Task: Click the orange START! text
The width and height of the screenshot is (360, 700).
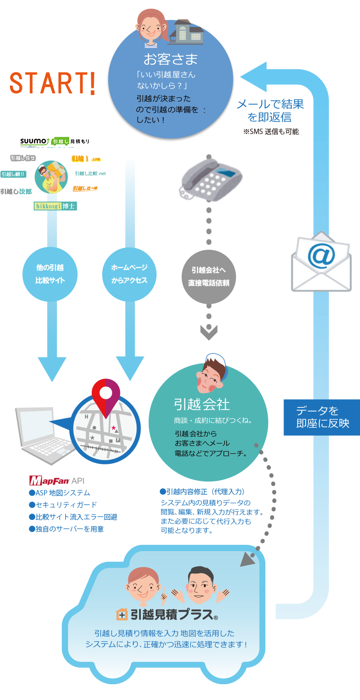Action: [53, 83]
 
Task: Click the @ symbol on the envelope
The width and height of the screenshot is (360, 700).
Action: [321, 256]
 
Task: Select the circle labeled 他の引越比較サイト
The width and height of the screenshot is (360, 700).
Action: [50, 274]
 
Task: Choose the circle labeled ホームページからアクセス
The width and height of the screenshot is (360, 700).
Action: [130, 274]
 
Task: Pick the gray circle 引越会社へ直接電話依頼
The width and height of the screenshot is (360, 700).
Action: [209, 276]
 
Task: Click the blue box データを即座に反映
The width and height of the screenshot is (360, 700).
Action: [322, 417]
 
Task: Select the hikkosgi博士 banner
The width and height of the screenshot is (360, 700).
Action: [55, 206]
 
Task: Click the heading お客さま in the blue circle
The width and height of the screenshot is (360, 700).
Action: [171, 59]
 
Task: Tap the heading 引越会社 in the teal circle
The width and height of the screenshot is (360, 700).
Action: [202, 404]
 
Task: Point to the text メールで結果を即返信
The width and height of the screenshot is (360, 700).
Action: [270, 110]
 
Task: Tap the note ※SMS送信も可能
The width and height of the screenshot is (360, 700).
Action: [271, 132]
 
